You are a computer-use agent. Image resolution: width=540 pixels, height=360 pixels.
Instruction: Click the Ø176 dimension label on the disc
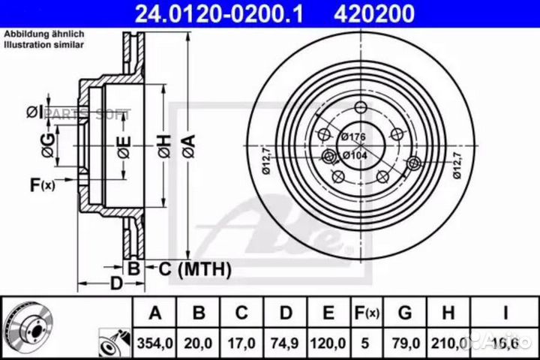(352, 136)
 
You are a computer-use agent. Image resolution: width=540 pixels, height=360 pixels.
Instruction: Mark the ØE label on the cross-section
(123, 143)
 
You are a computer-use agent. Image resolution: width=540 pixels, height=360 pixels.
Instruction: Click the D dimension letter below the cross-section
(116, 283)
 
